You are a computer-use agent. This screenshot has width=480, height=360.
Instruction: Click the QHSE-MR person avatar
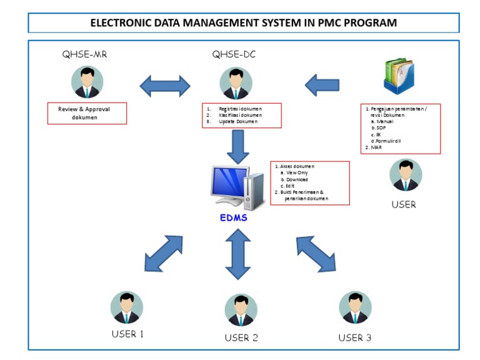[x=87, y=82]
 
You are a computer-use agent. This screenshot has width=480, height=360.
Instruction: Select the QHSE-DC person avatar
[x=236, y=83]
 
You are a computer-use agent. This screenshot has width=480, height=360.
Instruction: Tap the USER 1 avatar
[x=127, y=307]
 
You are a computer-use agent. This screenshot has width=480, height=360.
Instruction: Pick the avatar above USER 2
[x=241, y=311]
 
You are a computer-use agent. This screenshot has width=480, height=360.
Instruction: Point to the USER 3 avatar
[x=355, y=307]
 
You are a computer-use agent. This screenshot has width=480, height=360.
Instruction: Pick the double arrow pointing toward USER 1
[x=163, y=253]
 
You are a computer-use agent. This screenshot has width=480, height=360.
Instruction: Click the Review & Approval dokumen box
[x=87, y=113]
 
